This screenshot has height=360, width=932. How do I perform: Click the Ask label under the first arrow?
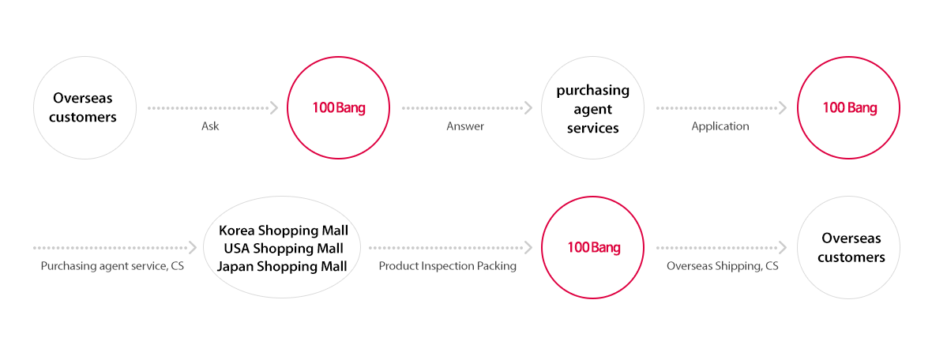tap(210, 126)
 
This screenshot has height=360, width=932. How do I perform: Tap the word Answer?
tap(464, 126)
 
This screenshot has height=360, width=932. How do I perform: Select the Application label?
tap(720, 126)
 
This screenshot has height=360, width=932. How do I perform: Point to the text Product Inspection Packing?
tap(448, 266)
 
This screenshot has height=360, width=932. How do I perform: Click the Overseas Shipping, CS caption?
tap(722, 266)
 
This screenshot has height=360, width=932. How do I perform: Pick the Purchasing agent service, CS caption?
tap(112, 266)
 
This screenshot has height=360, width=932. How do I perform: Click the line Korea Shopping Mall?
tap(283, 231)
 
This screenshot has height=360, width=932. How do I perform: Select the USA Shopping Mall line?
tap(283, 249)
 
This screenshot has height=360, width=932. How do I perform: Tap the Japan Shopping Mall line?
tap(282, 266)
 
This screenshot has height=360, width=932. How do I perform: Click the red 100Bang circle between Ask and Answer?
tap(338, 57)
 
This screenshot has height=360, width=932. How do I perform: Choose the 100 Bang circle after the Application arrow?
tap(848, 57)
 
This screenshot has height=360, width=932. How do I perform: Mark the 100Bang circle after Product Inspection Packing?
tap(593, 197)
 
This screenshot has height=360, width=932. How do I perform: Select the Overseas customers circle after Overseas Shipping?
tap(848, 197)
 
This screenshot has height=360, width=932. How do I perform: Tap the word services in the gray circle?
tap(592, 129)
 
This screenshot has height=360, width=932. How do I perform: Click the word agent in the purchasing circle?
tap(592, 110)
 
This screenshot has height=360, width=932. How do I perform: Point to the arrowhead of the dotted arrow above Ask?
tap(274, 108)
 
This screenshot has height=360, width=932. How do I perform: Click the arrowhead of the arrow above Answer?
tap(528, 108)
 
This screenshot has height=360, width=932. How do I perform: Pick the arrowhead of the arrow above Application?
tap(783, 108)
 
